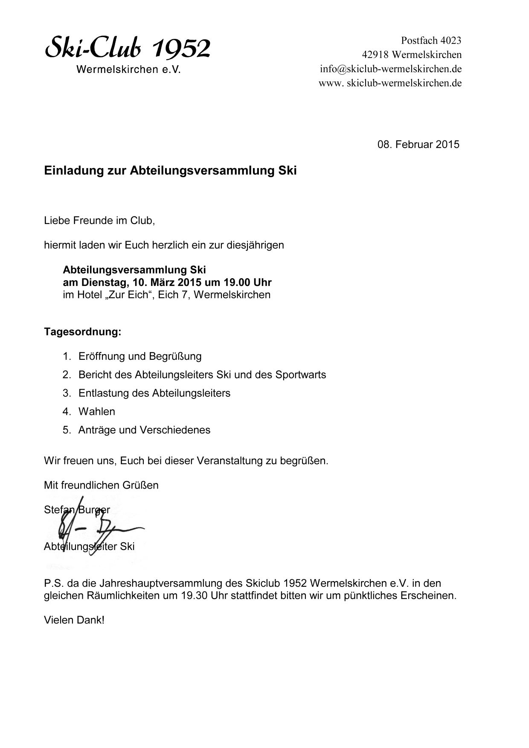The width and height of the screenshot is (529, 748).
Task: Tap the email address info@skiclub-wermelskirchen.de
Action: (391, 69)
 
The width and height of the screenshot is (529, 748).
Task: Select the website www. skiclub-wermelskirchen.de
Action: (390, 83)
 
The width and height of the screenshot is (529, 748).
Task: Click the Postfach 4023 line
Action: (431, 41)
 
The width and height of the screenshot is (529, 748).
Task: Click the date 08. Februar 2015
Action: (418, 144)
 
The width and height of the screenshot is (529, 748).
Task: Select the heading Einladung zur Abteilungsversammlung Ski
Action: (170, 171)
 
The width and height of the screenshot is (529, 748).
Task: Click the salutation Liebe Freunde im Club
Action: (99, 221)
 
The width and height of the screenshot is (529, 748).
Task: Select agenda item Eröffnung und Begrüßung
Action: (140, 356)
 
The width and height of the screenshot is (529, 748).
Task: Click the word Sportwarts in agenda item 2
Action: (300, 375)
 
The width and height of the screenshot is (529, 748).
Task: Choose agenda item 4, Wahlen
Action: (97, 411)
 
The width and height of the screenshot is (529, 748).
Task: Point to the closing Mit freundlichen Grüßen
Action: (101, 485)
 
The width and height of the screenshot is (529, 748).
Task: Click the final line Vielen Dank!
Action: (74, 620)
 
